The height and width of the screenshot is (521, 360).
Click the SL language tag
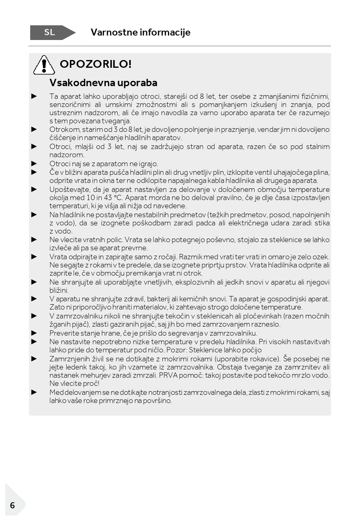50,33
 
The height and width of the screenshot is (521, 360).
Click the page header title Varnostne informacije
140,32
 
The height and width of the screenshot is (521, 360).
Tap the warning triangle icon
44,65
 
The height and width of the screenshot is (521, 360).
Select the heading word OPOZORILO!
96,64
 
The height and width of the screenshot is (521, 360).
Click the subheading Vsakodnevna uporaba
103,82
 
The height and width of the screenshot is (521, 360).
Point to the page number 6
12,505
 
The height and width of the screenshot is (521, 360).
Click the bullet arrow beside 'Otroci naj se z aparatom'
34,163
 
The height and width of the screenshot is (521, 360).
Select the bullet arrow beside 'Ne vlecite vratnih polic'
34,240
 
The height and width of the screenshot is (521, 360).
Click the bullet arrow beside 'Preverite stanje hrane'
34,333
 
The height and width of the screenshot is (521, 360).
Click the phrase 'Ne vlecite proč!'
74,383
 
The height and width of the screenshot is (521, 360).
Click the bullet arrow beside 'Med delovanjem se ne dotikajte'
34,392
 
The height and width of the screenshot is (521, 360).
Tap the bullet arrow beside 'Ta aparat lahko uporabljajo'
34,96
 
